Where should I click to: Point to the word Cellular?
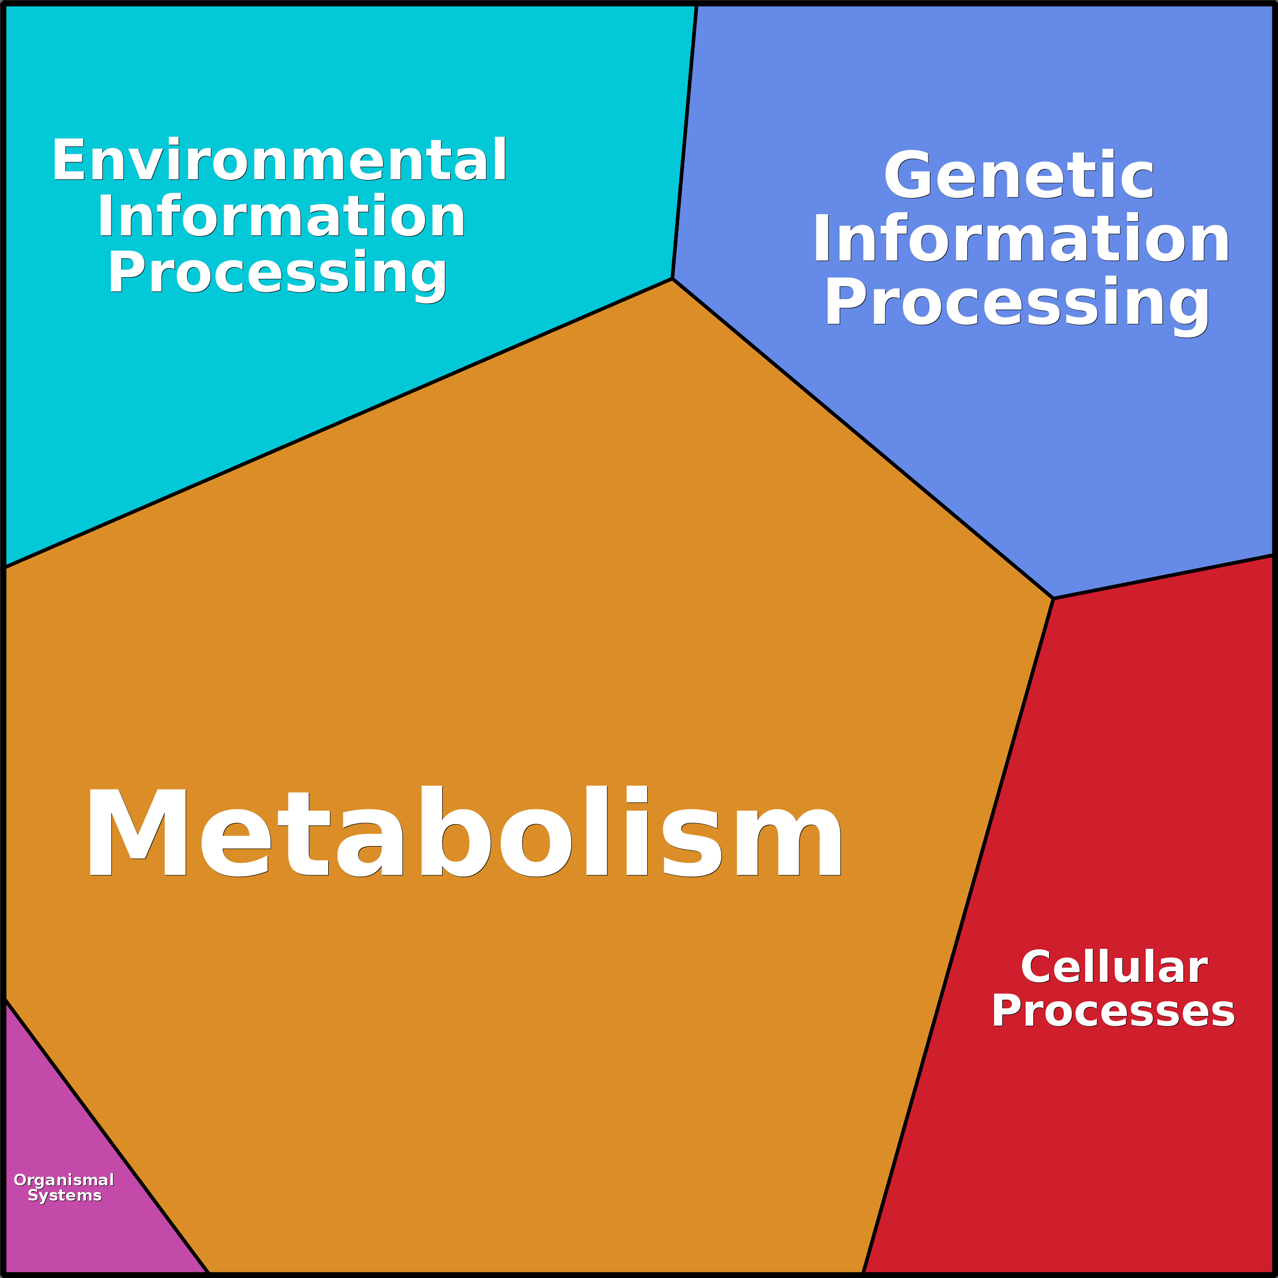(x=1115, y=967)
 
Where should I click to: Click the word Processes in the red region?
(x=1113, y=1011)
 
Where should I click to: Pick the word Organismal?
(x=64, y=1180)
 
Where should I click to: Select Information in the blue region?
(x=1021, y=239)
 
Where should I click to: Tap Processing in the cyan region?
(x=278, y=273)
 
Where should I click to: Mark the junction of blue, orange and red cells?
(x=1053, y=599)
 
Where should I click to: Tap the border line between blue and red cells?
(x=1163, y=577)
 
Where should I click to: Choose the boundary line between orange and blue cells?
(x=862, y=439)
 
